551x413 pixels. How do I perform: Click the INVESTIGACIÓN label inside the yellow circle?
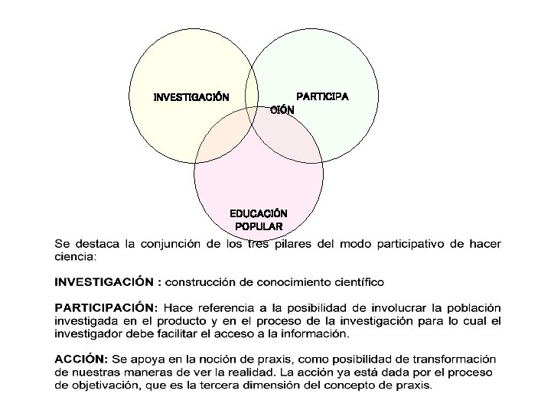pos(191,98)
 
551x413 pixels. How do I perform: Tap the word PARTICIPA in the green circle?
pos(322,97)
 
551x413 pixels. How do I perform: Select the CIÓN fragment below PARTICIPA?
pos(282,110)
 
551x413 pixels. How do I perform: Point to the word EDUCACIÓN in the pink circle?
pos(259,213)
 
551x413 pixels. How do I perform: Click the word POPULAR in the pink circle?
pos(259,226)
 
